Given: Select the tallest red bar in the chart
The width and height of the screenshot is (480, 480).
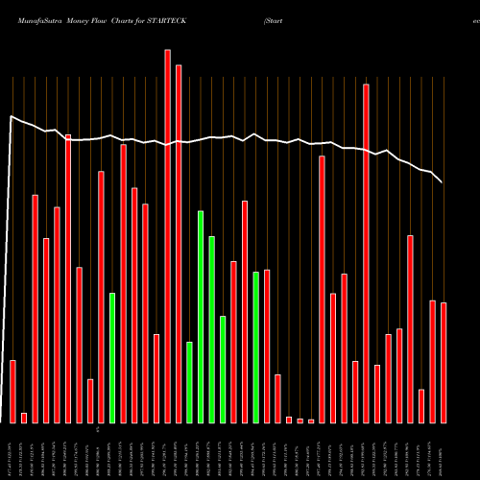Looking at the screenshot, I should click(168, 235).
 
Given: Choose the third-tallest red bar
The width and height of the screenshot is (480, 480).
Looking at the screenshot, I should click(366, 253).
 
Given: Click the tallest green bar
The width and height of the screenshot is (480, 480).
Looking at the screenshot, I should click(201, 317).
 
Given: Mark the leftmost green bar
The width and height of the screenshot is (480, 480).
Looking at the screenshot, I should click(112, 357).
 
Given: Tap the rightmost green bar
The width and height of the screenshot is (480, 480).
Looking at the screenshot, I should click(255, 347).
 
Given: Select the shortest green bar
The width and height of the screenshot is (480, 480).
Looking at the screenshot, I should click(189, 382).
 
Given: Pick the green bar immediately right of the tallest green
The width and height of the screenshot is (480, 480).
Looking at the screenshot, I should click(211, 329).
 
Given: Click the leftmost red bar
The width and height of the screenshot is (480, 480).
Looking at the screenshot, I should click(12, 391).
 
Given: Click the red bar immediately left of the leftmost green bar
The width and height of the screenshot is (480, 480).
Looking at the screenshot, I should click(101, 297).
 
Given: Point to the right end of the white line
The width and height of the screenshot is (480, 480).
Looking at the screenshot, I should click(443, 182).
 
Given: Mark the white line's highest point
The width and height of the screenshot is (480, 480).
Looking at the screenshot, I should click(11, 117).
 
